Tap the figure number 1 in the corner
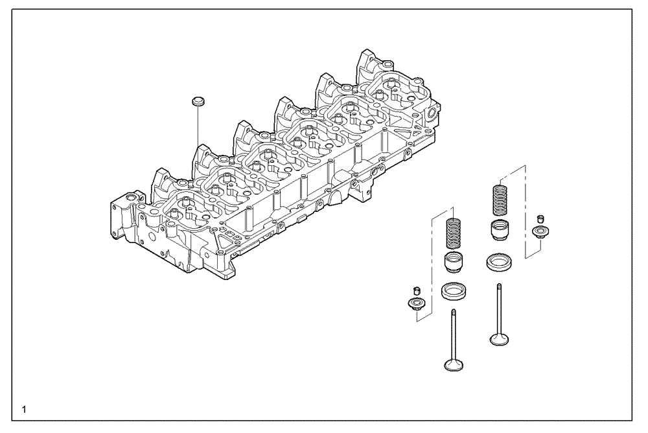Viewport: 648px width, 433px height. click(24, 409)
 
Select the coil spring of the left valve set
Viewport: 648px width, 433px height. click(454, 235)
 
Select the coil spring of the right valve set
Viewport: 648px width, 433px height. click(500, 200)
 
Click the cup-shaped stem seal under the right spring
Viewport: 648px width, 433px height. click(500, 229)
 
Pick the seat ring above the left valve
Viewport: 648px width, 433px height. click(453, 291)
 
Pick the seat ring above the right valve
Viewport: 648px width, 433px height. click(500, 261)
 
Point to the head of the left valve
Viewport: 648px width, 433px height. click(454, 364)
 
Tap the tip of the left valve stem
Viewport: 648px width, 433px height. click(453, 312)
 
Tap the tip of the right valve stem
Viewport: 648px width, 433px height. click(500, 286)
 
